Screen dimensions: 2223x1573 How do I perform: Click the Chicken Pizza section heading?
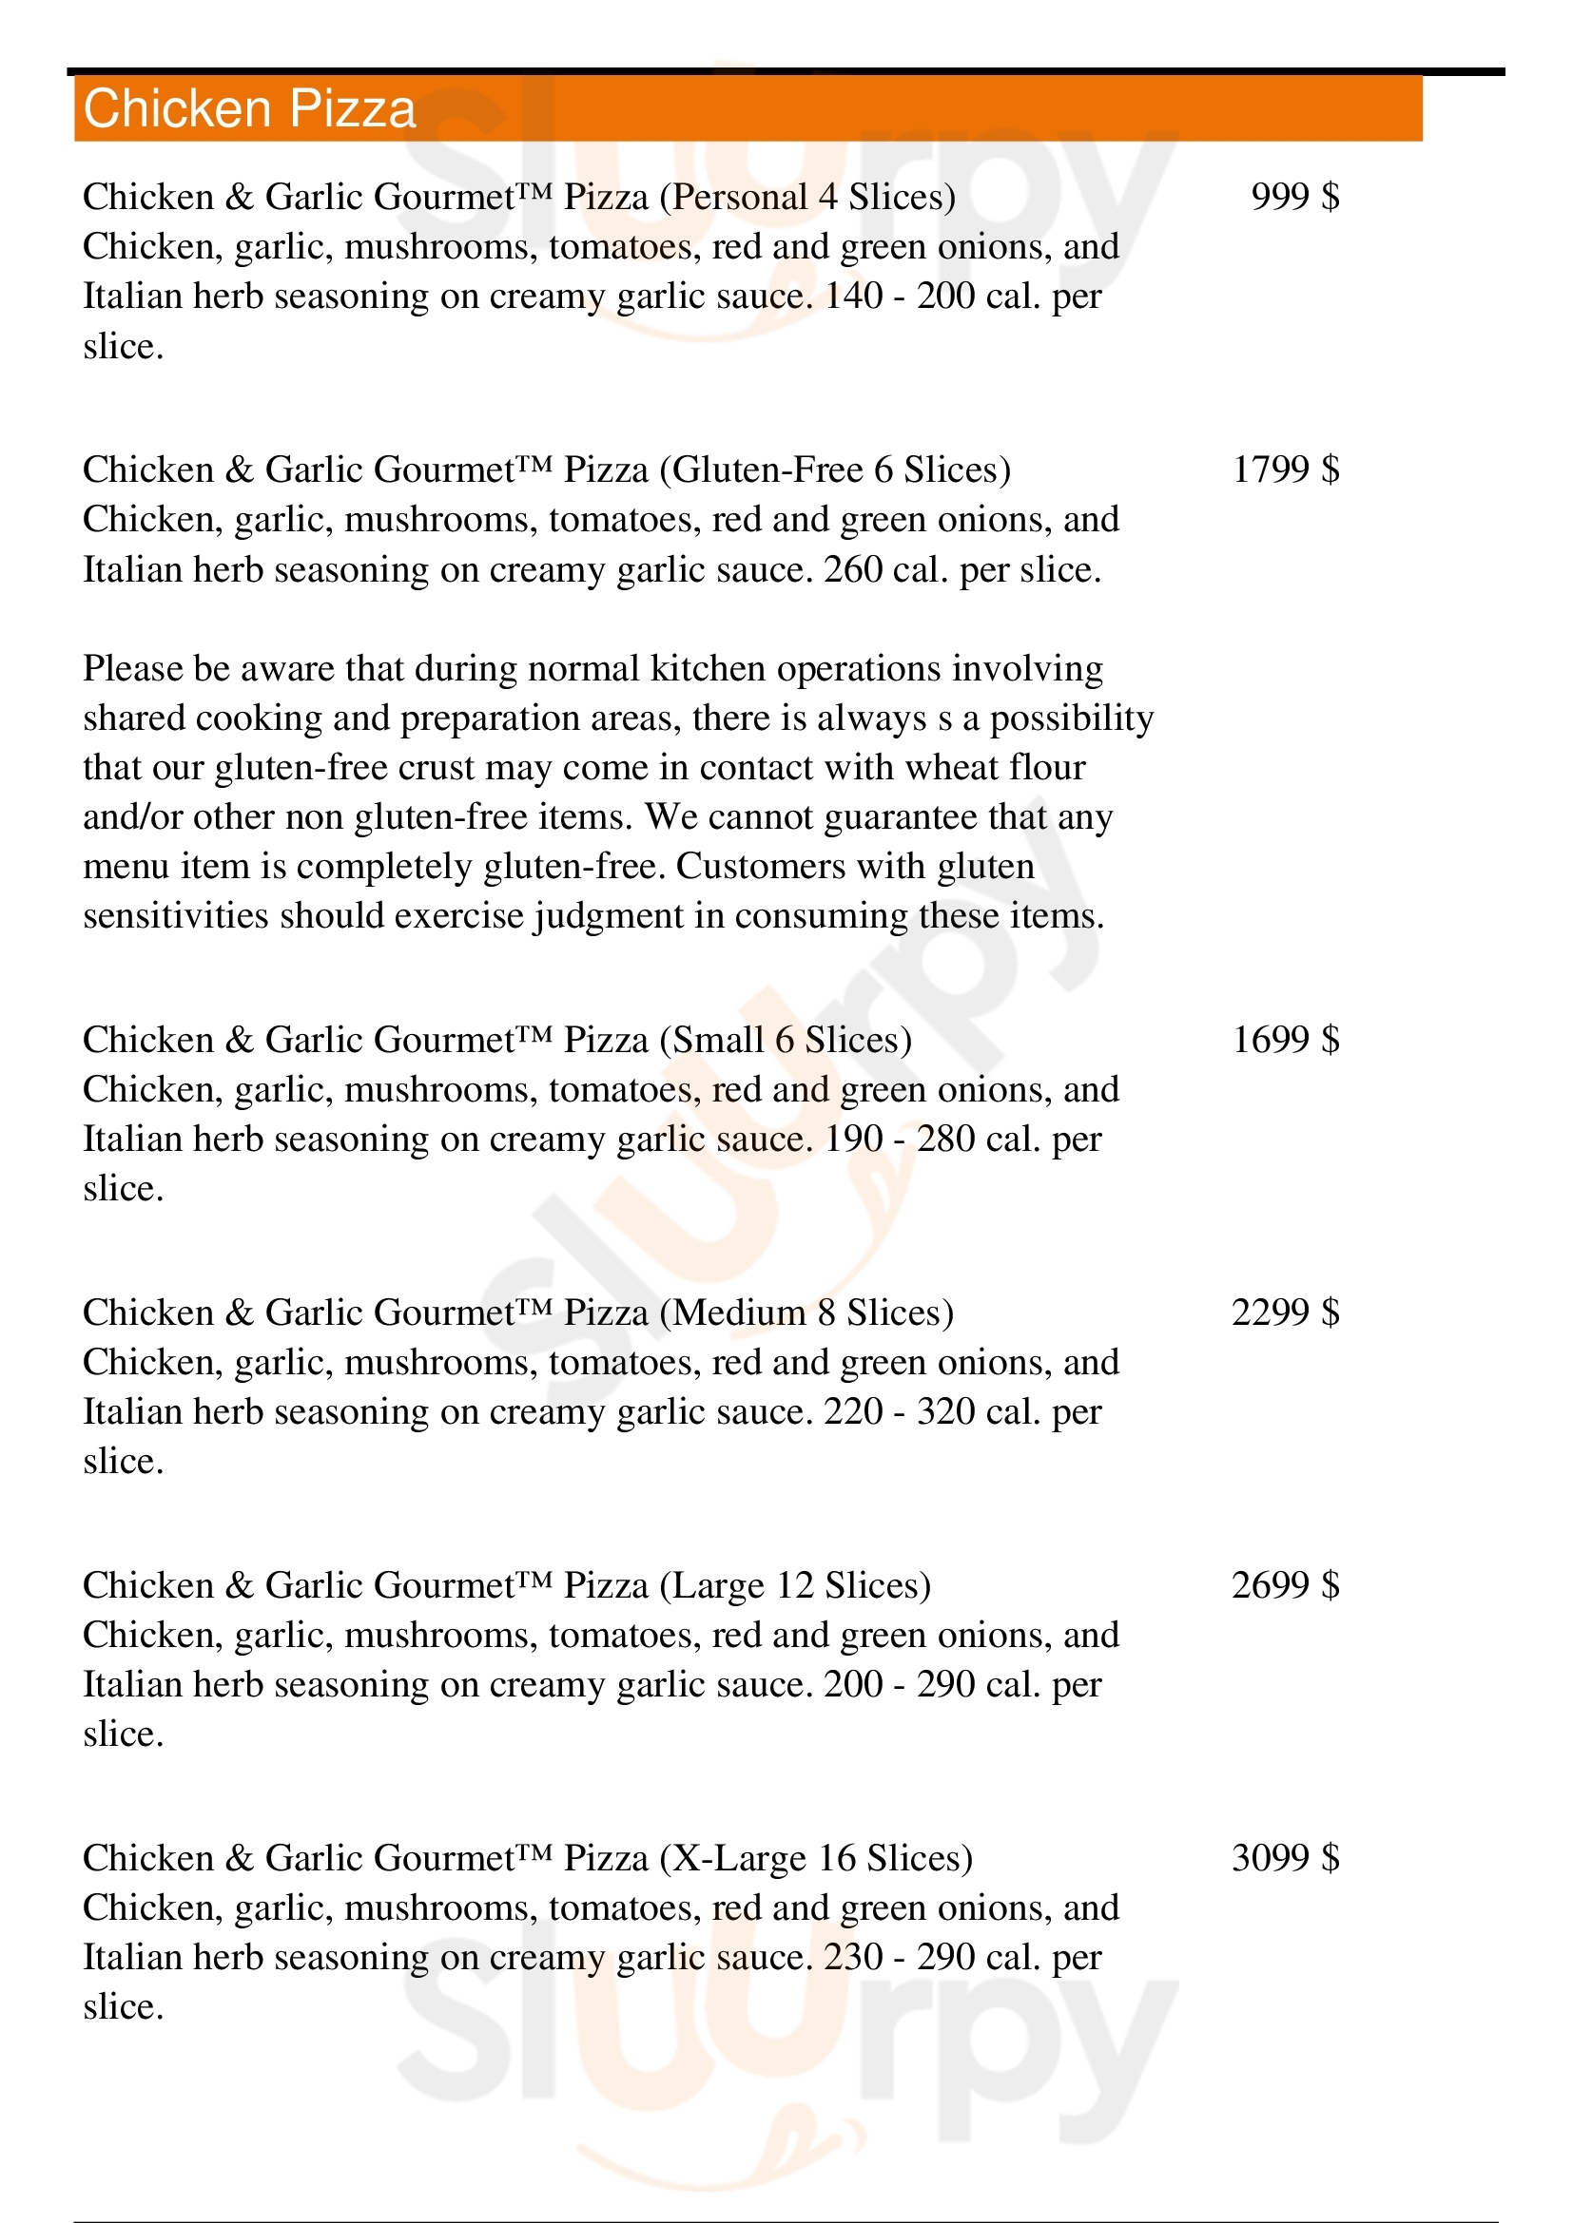[x=250, y=108]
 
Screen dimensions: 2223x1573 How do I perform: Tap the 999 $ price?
[x=1295, y=197]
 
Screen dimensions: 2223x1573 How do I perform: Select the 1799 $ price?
[x=1286, y=470]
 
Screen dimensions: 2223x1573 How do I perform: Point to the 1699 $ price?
[x=1286, y=1040]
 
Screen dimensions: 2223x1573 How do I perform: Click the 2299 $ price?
[x=1286, y=1313]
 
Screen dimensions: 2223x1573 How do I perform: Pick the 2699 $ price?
[x=1286, y=1586]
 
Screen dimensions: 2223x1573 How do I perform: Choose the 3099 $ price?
[x=1286, y=1859]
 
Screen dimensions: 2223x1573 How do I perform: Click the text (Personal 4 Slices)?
[x=807, y=198]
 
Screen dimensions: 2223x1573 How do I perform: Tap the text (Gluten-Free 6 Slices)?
[x=835, y=470]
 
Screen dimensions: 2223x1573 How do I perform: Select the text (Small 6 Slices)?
[x=786, y=1041]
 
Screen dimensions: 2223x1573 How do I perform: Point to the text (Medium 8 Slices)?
[x=806, y=1313]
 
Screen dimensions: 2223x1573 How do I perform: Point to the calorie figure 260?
[x=852, y=570]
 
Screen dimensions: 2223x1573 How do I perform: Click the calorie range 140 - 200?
[x=899, y=297]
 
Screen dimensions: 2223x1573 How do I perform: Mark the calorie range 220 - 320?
[x=899, y=1412]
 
